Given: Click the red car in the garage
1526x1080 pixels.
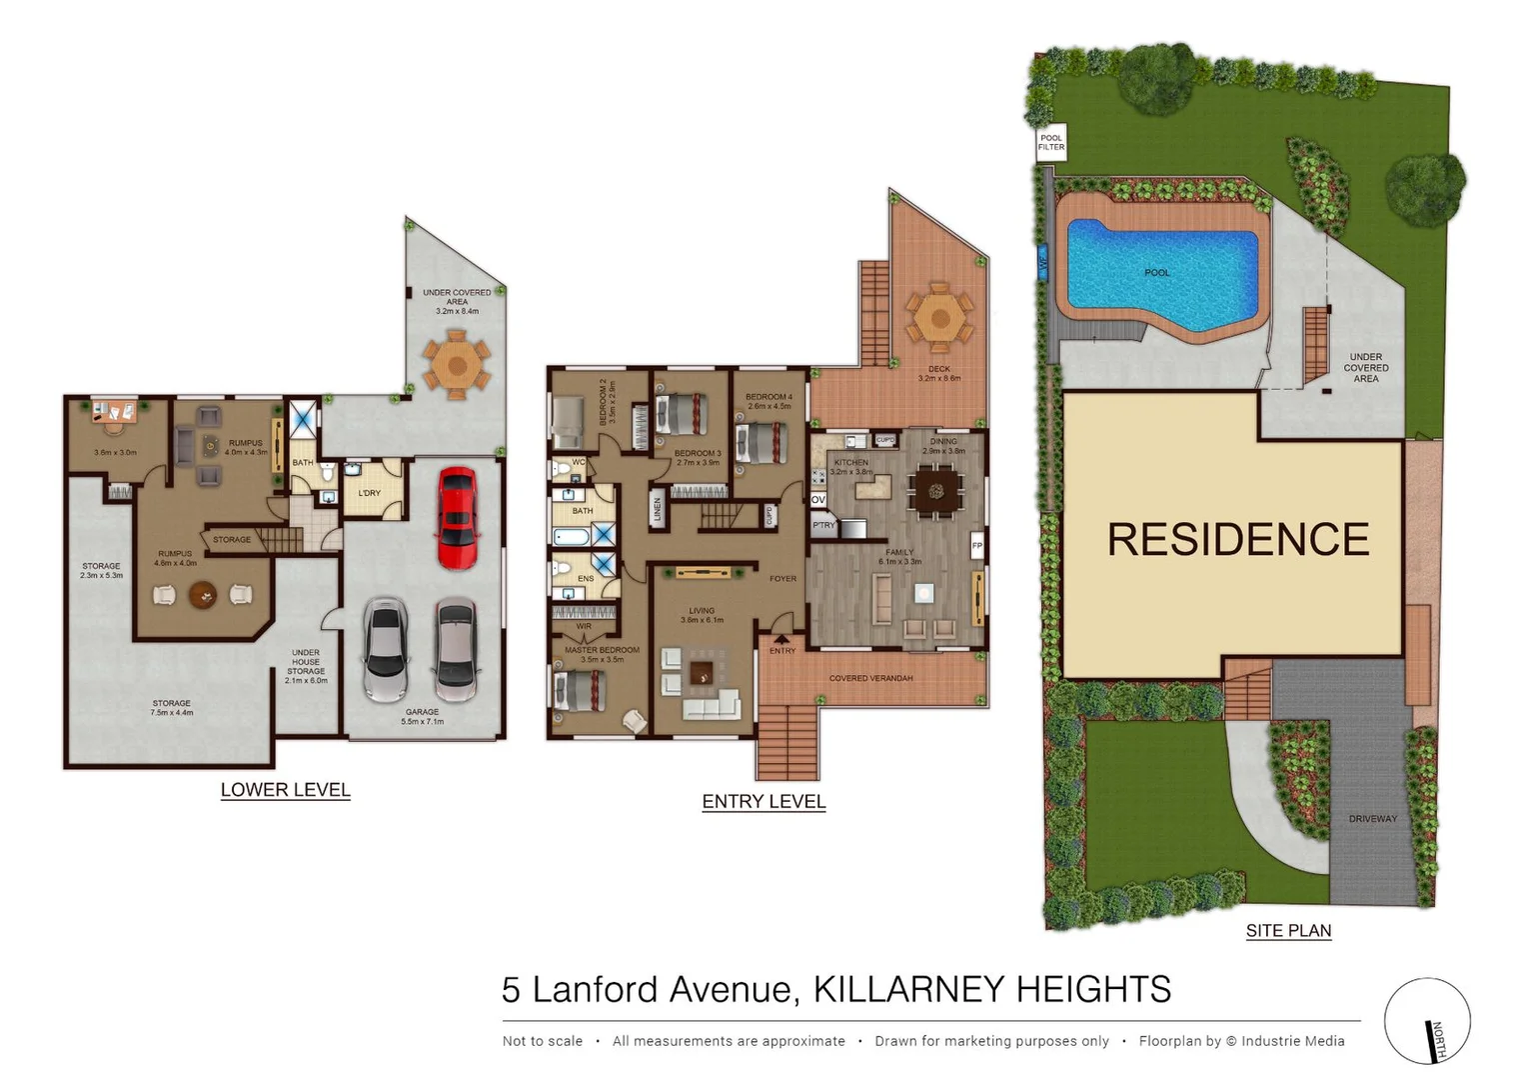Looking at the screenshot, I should [x=457, y=517].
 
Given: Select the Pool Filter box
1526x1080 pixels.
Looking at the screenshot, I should [x=1051, y=143].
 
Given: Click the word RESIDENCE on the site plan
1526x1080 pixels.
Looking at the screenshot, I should [x=1237, y=540].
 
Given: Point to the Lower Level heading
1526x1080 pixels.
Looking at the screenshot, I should [x=285, y=790].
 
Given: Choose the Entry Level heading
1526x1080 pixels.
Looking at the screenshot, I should [x=763, y=802].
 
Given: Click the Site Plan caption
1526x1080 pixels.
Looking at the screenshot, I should [x=1288, y=931].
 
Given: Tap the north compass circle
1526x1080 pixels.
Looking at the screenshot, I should [x=1427, y=1021].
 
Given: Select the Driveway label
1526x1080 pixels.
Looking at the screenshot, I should [x=1372, y=819].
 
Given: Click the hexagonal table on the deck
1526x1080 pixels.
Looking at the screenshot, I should [x=938, y=319].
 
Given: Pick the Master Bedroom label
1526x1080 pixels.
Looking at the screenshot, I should [x=602, y=650].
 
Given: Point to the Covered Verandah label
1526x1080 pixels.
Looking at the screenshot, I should [x=870, y=678].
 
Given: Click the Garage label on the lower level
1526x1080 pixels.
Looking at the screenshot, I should [x=422, y=712].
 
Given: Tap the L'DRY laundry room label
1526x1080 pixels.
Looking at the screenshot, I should [x=370, y=493].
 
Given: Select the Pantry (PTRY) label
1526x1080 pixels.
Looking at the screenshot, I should [x=823, y=525].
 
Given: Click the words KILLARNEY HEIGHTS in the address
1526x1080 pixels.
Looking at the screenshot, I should [x=991, y=990].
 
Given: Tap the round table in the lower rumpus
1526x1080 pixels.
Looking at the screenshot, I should [x=203, y=595].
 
